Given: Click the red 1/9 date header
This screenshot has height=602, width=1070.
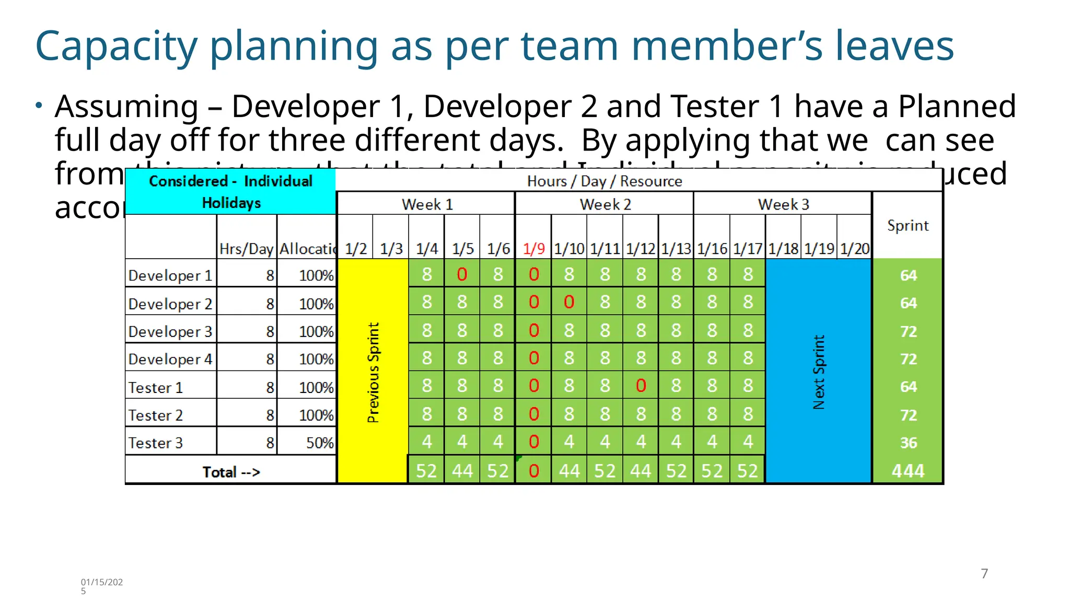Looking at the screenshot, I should (x=533, y=249).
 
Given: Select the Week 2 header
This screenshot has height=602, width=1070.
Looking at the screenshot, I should (x=605, y=204).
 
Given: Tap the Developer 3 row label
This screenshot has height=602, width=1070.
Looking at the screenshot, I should (x=170, y=331).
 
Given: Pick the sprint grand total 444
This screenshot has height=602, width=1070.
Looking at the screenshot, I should (x=908, y=471).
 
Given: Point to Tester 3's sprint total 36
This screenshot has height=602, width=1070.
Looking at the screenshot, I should (x=908, y=443).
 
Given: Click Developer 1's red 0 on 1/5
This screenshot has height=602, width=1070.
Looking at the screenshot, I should (x=462, y=274).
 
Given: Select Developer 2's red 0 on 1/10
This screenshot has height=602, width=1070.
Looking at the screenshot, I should (x=569, y=302).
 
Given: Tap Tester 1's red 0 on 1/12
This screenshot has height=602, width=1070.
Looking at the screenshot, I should (x=641, y=386).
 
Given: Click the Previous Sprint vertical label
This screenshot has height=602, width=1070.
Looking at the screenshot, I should (x=373, y=372).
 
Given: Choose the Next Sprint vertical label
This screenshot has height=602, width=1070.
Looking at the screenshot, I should (x=819, y=372).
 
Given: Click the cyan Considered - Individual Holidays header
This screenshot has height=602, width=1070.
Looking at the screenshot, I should (x=231, y=192).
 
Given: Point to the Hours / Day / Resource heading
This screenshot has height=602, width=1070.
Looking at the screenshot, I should (x=604, y=181).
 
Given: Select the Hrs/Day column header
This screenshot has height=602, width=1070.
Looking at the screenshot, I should (x=246, y=249).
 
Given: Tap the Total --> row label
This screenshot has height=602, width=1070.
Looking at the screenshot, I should (x=231, y=472).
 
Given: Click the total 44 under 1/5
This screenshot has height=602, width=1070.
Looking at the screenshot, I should (x=462, y=471).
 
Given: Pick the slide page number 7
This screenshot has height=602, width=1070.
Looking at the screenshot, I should (x=984, y=574).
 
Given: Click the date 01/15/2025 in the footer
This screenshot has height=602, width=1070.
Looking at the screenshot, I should (x=101, y=586).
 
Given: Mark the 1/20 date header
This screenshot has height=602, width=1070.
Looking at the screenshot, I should (x=855, y=249).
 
